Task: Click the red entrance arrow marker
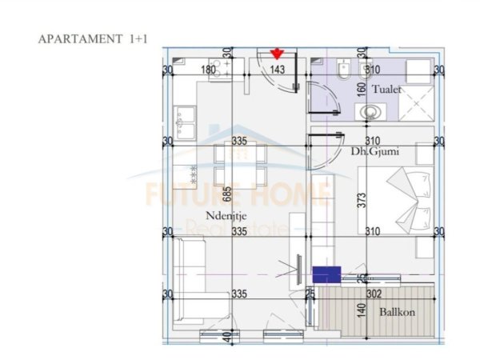(277, 54)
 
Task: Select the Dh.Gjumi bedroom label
(374, 150)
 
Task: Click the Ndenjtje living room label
(225, 214)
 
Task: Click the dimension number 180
(208, 70)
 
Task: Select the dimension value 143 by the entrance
(278, 70)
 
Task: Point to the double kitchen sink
(186, 123)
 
